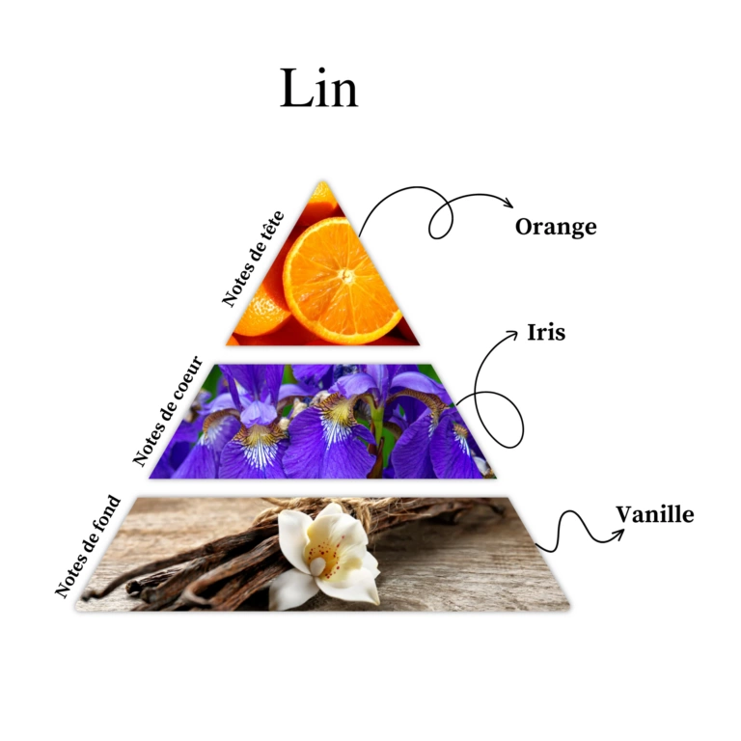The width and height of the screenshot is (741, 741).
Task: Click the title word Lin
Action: pos(318,89)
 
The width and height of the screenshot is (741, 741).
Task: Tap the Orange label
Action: pos(555,228)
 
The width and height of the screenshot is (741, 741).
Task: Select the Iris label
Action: pos(546,333)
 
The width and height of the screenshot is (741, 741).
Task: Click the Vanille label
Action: pos(654,514)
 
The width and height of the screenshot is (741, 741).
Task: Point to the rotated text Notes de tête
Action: pos(253,258)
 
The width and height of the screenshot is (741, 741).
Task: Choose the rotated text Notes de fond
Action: pos(88,546)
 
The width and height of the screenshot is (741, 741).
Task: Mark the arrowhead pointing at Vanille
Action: pos(616,527)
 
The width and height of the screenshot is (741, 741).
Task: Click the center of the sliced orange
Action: pos(343,278)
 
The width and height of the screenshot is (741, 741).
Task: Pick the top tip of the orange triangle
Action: pos(323,182)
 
